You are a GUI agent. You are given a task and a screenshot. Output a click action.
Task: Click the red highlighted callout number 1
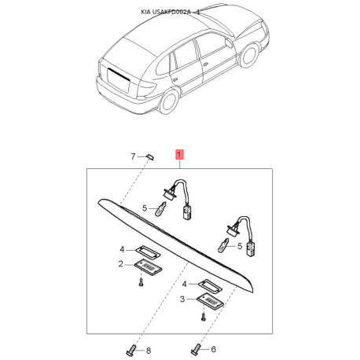(179, 155)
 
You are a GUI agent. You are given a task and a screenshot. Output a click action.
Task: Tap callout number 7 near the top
(133, 156)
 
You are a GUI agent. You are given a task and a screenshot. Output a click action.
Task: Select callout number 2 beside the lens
(120, 264)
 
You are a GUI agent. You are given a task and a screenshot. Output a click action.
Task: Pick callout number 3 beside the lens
(182, 299)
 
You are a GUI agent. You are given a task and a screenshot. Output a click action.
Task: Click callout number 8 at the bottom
(149, 351)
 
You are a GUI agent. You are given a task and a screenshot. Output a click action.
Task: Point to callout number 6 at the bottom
(213, 349)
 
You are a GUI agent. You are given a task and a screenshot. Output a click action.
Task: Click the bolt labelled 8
(131, 350)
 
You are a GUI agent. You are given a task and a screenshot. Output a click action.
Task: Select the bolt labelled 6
(196, 349)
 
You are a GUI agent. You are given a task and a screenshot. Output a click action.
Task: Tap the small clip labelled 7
(150, 157)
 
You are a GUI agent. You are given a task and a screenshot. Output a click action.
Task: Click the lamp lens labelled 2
(148, 266)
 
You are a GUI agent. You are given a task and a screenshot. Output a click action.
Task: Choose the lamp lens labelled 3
(210, 301)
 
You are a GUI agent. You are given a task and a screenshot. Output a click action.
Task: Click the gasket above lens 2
(148, 252)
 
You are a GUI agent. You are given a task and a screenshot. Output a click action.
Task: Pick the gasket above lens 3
(210, 286)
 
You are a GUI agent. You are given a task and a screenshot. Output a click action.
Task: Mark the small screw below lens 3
(203, 318)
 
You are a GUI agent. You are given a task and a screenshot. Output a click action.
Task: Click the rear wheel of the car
(170, 101)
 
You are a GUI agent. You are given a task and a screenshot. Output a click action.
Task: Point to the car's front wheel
(249, 57)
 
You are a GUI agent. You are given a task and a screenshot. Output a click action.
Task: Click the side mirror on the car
(229, 43)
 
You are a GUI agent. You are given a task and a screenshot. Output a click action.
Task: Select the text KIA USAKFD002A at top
(166, 12)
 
